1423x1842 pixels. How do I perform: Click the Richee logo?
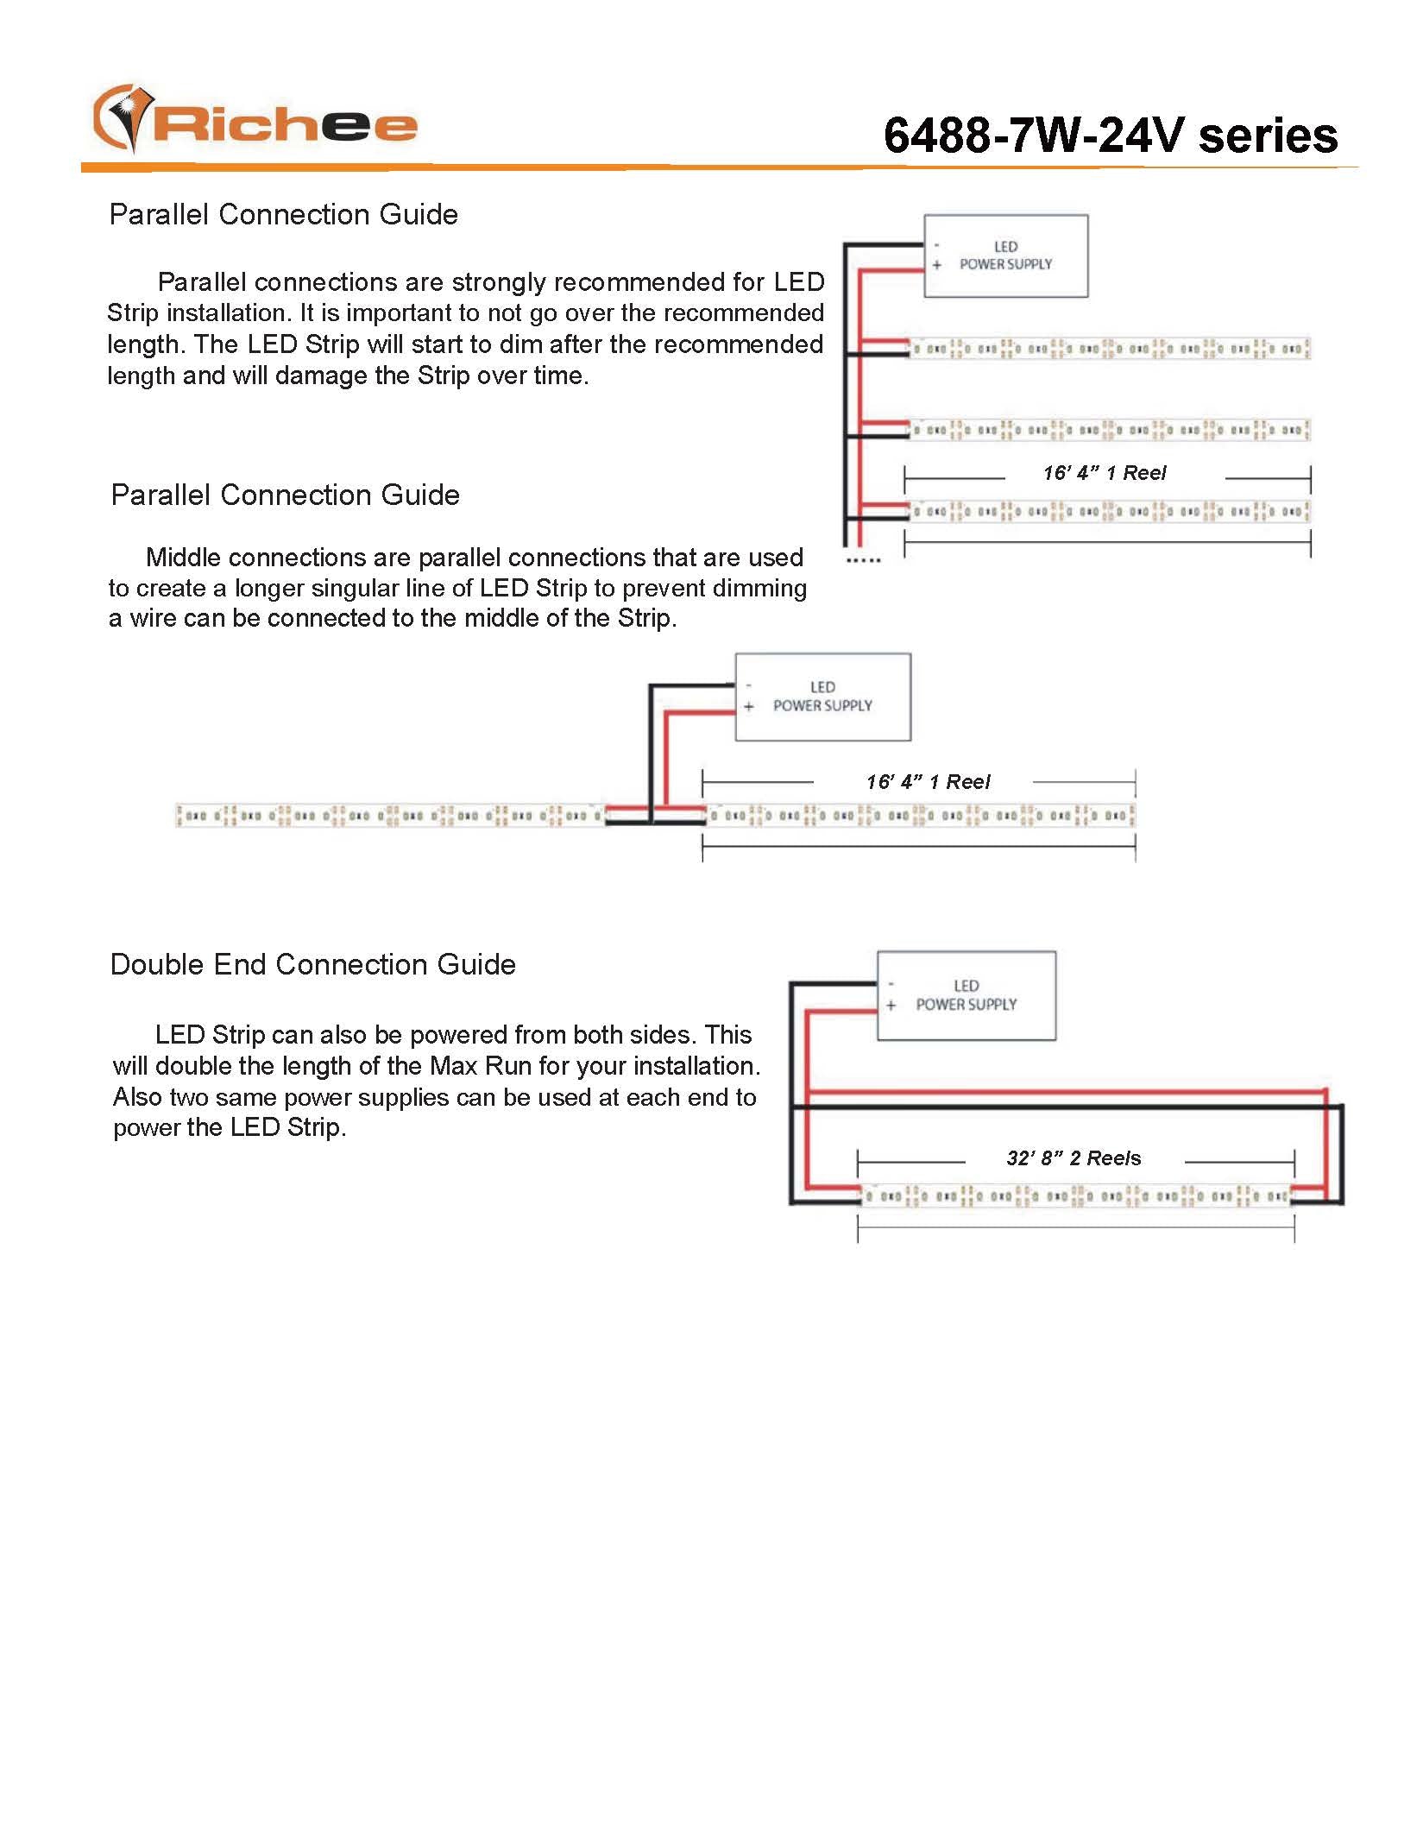point(255,120)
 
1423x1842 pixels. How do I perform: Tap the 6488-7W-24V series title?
point(1110,136)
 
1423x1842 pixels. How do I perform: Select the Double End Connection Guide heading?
point(312,964)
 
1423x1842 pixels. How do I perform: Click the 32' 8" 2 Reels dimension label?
point(1074,1158)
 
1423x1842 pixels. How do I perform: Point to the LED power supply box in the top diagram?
point(1005,256)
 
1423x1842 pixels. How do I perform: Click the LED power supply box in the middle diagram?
point(822,697)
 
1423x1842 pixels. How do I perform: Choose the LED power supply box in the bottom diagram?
point(966,995)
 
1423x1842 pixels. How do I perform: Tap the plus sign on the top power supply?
point(936,265)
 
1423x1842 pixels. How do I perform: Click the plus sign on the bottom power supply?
point(891,1006)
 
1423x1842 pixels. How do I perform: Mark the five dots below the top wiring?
point(863,560)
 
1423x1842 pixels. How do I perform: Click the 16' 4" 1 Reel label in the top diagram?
point(1105,473)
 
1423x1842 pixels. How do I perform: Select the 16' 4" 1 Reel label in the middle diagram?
point(929,782)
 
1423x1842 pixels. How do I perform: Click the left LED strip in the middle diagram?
point(390,815)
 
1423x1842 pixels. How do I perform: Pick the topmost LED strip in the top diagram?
point(1109,349)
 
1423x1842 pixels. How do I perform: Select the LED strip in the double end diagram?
point(1075,1196)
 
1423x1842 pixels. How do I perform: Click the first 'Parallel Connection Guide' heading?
point(283,214)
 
